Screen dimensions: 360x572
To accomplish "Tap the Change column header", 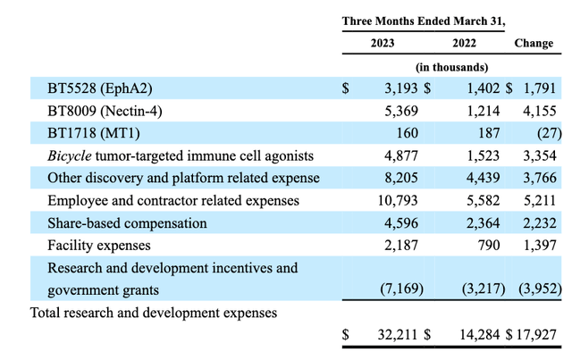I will (534, 42).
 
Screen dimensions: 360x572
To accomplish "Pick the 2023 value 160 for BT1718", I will (400, 134).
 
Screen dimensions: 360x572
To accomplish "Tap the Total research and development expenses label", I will (154, 313).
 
